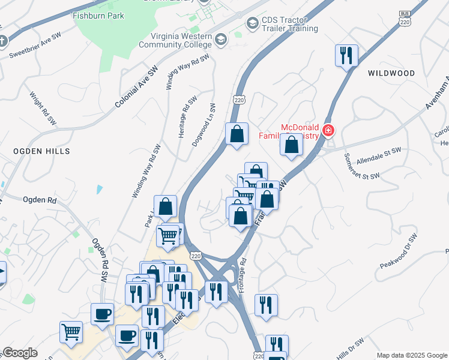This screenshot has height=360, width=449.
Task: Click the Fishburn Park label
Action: (x=98, y=16)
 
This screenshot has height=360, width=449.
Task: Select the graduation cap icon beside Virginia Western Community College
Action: (x=221, y=40)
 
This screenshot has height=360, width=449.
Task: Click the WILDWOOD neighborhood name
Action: (x=391, y=73)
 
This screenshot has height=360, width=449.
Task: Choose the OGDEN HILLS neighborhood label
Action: (x=41, y=151)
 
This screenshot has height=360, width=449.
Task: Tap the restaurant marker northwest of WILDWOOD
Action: (x=346, y=56)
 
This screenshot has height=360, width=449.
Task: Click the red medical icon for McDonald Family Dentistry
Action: (x=328, y=130)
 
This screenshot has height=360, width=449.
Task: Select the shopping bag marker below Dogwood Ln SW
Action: (x=237, y=134)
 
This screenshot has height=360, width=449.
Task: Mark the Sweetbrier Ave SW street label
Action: (x=35, y=47)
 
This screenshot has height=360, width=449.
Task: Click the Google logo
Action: (x=20, y=353)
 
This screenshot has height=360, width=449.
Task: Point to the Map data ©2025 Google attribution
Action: (x=412, y=355)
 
